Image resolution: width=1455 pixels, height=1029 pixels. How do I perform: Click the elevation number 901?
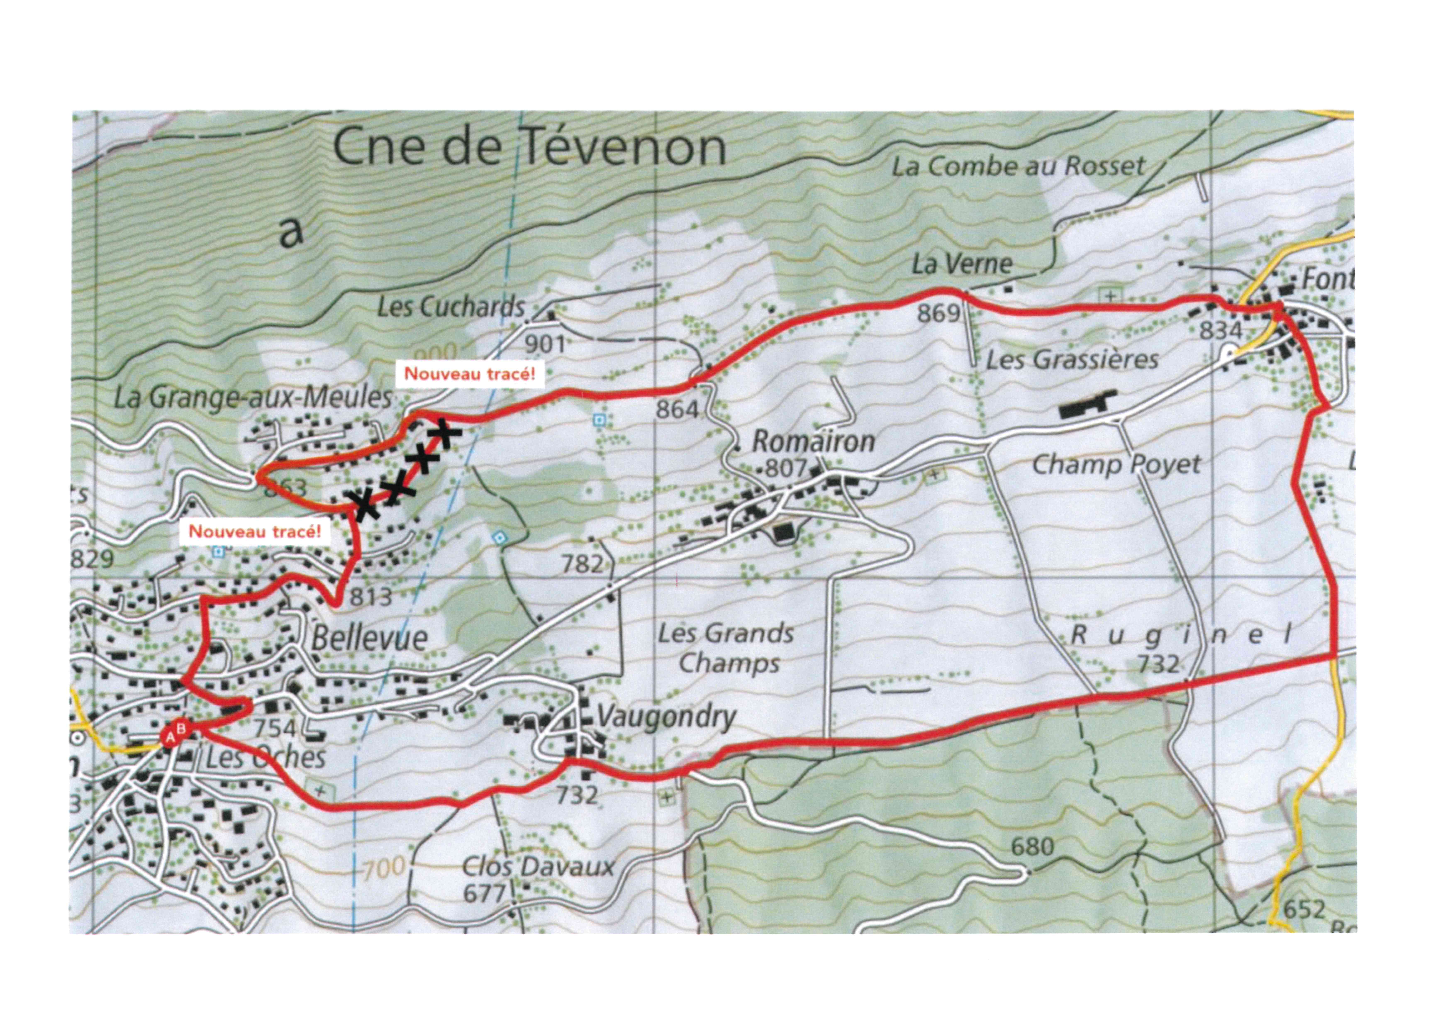tap(545, 344)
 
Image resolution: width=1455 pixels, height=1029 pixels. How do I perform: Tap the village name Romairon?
tap(813, 442)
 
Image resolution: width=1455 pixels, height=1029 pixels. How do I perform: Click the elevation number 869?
tap(938, 313)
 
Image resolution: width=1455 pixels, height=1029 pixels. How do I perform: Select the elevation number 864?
tap(677, 410)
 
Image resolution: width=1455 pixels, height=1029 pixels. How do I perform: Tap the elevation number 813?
tap(371, 596)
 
